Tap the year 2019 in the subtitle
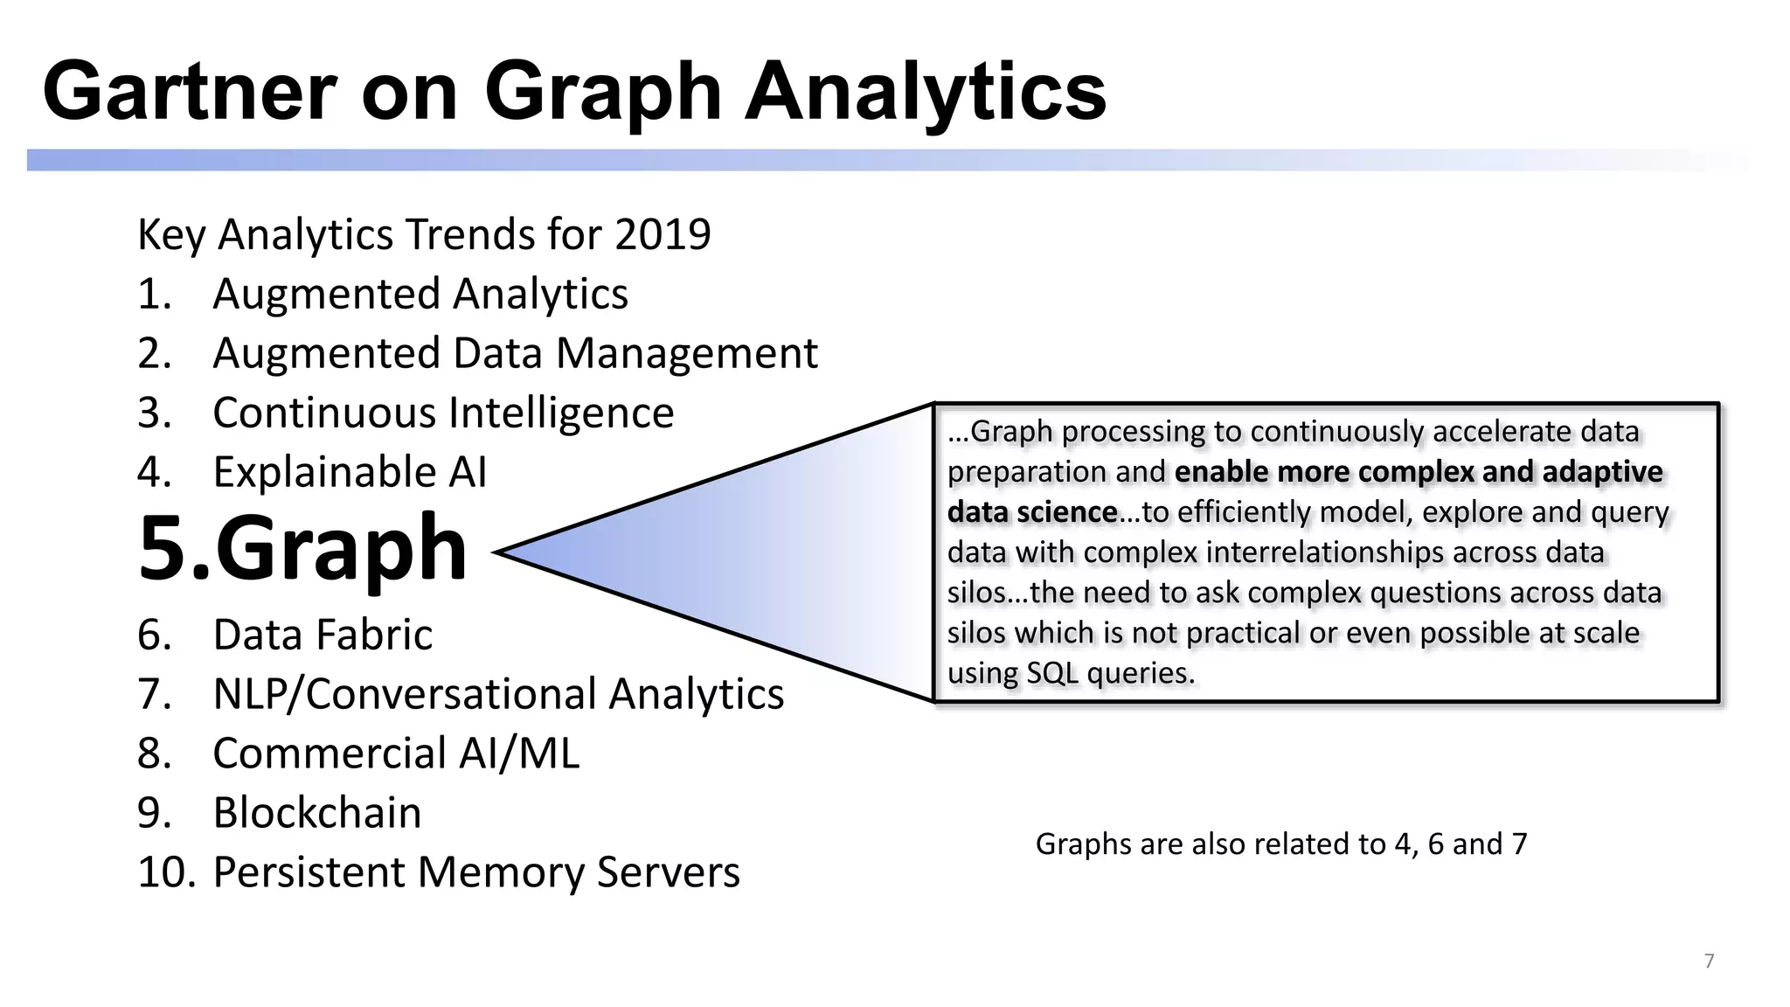click(x=663, y=234)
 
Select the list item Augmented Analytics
click(x=420, y=294)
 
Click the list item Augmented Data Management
click(x=515, y=353)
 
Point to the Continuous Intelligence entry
click(x=443, y=413)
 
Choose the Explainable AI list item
click(x=350, y=472)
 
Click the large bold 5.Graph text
click(x=302, y=549)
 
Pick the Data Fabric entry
click(x=323, y=635)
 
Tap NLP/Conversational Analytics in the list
click(x=498, y=694)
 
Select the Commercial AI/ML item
click(x=396, y=754)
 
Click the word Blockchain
click(x=317, y=813)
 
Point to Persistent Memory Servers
click(x=476, y=872)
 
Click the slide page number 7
click(x=1709, y=962)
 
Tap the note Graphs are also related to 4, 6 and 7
click(x=1281, y=844)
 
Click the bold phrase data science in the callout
click(x=1031, y=512)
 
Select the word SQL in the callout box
click(x=1052, y=673)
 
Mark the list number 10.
click(x=165, y=872)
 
